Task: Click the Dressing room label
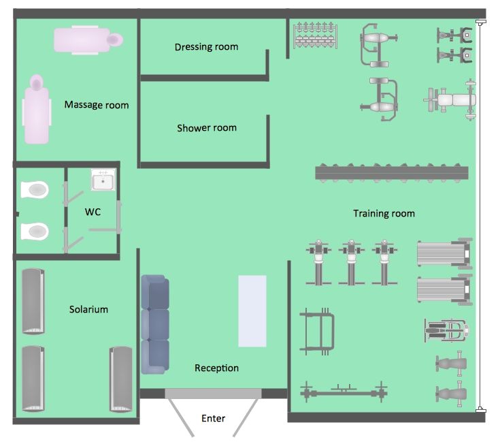(x=206, y=47)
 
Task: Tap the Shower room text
(x=207, y=128)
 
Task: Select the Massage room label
(x=96, y=105)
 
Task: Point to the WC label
(x=93, y=212)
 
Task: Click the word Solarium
(x=88, y=309)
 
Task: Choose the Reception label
(x=216, y=368)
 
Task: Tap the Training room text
(x=384, y=214)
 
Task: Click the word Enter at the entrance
(x=213, y=418)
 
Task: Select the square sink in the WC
(x=103, y=181)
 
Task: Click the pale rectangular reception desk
(x=252, y=310)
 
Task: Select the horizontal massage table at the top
(x=90, y=39)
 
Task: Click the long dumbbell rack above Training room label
(x=393, y=173)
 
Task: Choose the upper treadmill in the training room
(x=444, y=253)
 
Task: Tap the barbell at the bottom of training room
(x=344, y=393)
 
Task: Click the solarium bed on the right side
(x=120, y=379)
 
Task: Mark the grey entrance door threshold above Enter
(x=213, y=394)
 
